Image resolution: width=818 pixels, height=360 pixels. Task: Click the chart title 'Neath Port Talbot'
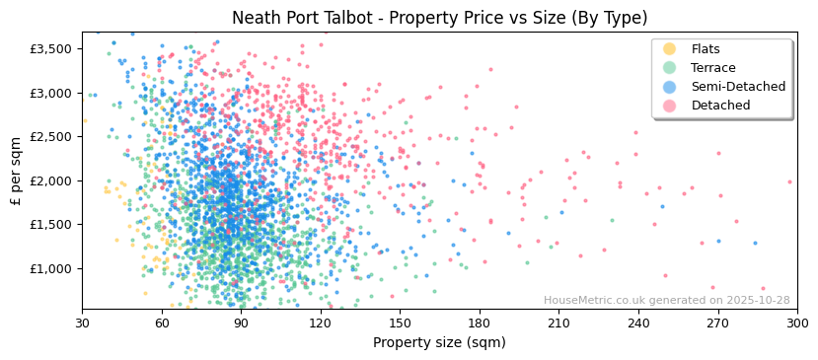pos(439,18)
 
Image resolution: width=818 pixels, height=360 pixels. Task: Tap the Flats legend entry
pos(705,49)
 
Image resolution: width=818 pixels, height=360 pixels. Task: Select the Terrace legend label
pos(712,68)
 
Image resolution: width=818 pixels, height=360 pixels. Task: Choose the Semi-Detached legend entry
pos(738,87)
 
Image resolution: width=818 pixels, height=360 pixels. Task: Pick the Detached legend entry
pos(720,106)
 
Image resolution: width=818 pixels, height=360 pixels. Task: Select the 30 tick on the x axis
pos(83,323)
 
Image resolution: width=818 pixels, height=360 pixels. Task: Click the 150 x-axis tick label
pos(400,323)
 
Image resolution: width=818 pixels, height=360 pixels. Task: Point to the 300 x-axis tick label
pos(797,323)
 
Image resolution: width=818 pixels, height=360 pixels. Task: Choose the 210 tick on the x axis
pos(558,323)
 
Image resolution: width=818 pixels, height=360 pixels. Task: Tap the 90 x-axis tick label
pos(241,323)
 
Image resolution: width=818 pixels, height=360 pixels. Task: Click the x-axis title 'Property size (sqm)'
pos(439,342)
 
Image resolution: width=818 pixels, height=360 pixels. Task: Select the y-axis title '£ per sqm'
pos(17,171)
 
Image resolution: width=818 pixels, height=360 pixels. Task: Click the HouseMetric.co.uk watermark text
pos(666,301)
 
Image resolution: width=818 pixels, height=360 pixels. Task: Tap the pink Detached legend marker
pos(670,106)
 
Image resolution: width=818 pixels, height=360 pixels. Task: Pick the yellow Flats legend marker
pos(670,49)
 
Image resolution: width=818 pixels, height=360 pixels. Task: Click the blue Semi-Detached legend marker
pos(670,87)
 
